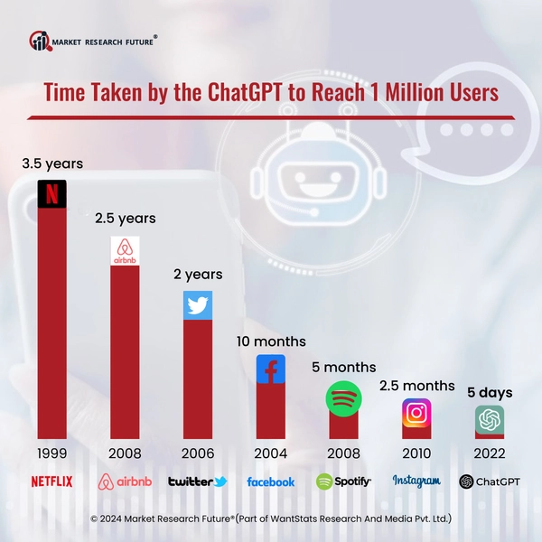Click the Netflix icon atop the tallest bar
pyautogui.click(x=53, y=194)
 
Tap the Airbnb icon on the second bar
pyautogui.click(x=125, y=250)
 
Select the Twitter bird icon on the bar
pyautogui.click(x=198, y=305)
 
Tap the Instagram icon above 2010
pyautogui.click(x=416, y=412)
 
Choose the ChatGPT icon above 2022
pyautogui.click(x=490, y=420)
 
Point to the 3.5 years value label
pyautogui.click(x=52, y=164)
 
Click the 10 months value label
pyautogui.click(x=270, y=341)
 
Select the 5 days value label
pyautogui.click(x=490, y=393)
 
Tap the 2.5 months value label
pyautogui.click(x=416, y=386)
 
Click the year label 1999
pyautogui.click(x=52, y=453)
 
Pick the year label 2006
pyautogui.click(x=198, y=453)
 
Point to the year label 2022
pyautogui.click(x=489, y=453)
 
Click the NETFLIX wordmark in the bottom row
pyautogui.click(x=51, y=481)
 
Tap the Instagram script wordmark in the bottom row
pyautogui.click(x=416, y=481)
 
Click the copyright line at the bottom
pyautogui.click(x=271, y=519)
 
